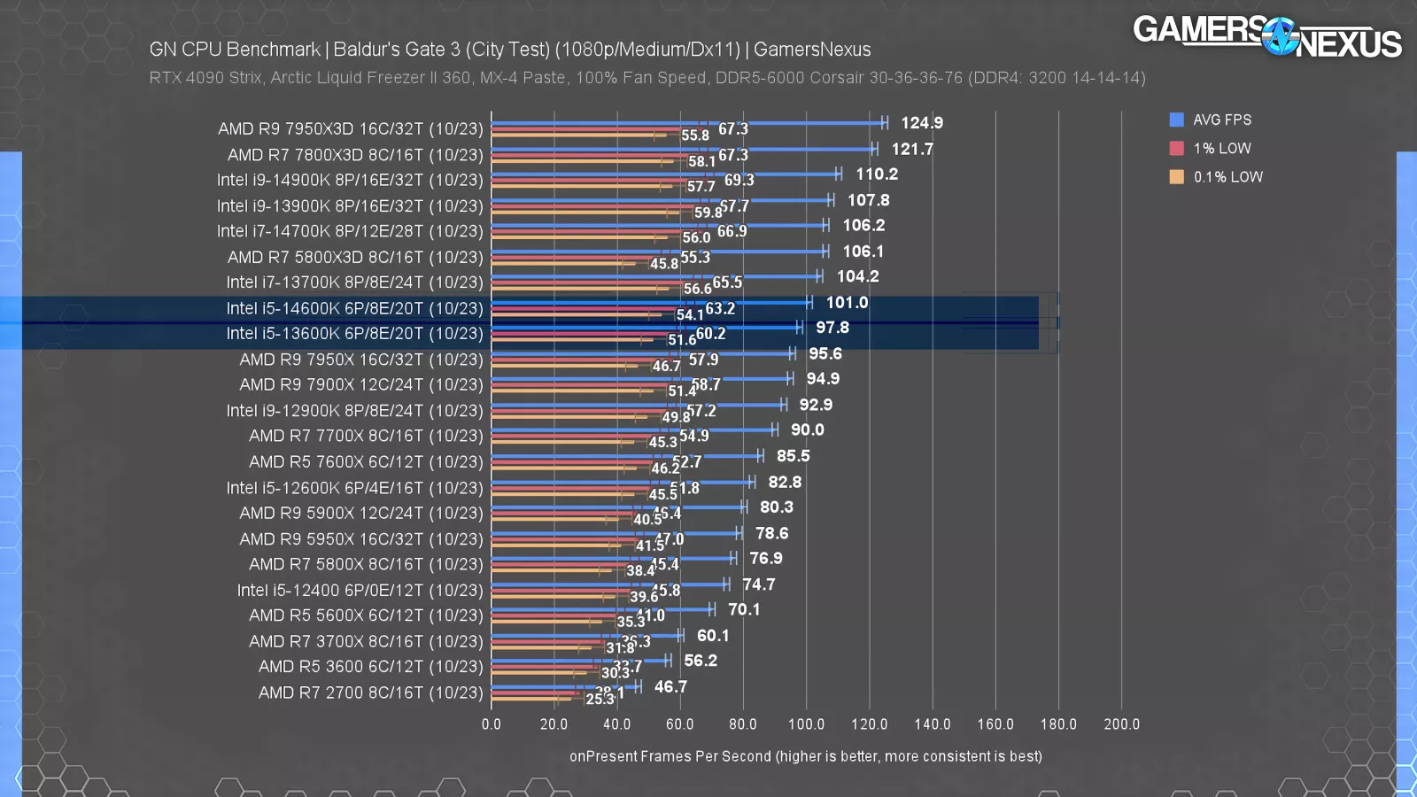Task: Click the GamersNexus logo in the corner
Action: (1266, 36)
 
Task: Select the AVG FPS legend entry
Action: (1211, 120)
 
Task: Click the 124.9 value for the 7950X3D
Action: (922, 123)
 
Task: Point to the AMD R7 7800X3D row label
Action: (355, 155)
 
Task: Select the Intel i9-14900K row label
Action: (350, 180)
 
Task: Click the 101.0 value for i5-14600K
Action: (847, 303)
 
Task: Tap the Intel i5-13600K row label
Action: (354, 334)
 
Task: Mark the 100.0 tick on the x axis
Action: (806, 724)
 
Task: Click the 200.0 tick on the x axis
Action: (1121, 724)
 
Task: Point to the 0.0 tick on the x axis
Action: (492, 724)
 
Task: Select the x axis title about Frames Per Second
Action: (805, 756)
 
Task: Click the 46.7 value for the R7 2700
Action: (670, 687)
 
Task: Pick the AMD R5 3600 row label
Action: (370, 667)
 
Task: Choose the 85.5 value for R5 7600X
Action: (793, 456)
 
